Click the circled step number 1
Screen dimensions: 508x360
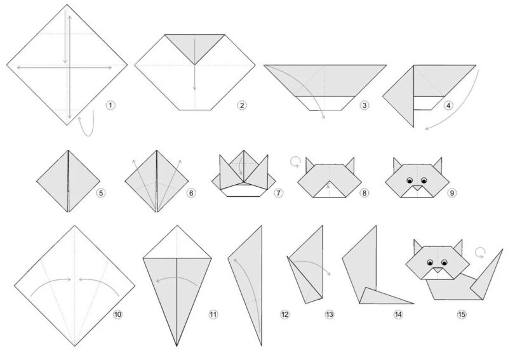110,105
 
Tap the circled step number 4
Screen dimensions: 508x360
448,105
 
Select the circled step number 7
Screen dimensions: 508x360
278,193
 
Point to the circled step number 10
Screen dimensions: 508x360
117,314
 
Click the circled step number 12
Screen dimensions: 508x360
284,314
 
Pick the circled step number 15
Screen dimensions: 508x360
462,314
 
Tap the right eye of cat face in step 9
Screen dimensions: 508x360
424,180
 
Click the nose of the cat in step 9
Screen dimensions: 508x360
417,187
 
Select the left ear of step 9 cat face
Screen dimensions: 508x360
398,164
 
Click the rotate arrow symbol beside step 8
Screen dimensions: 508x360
295,162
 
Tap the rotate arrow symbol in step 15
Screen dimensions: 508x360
481,252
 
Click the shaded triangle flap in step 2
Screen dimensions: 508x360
195,44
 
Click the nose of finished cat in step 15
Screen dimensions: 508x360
438,270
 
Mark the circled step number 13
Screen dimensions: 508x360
329,314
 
